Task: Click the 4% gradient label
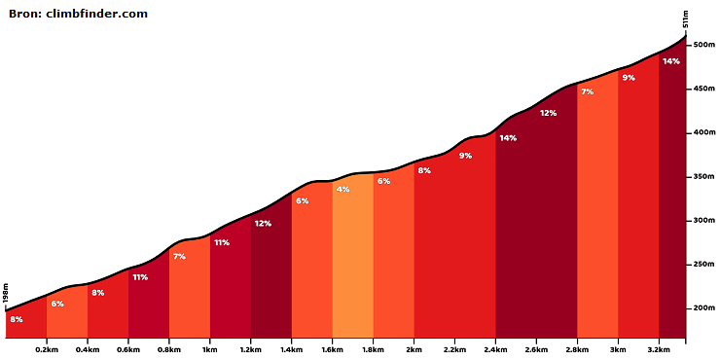(x=342, y=189)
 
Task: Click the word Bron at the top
(x=24, y=14)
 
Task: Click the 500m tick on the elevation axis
(x=704, y=45)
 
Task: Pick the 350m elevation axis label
(x=704, y=177)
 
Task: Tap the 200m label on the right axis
(x=704, y=308)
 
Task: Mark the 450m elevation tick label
(x=704, y=89)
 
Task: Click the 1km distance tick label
(x=210, y=349)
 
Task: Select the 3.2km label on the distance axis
(x=659, y=349)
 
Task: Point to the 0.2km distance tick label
(x=47, y=349)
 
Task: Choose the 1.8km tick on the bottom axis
(x=373, y=349)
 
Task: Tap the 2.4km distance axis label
(x=495, y=349)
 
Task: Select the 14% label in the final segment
(x=671, y=61)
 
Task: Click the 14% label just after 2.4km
(x=508, y=138)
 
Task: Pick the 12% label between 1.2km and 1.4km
(x=263, y=224)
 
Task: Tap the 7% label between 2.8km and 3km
(x=588, y=91)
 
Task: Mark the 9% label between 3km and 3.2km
(x=629, y=78)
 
